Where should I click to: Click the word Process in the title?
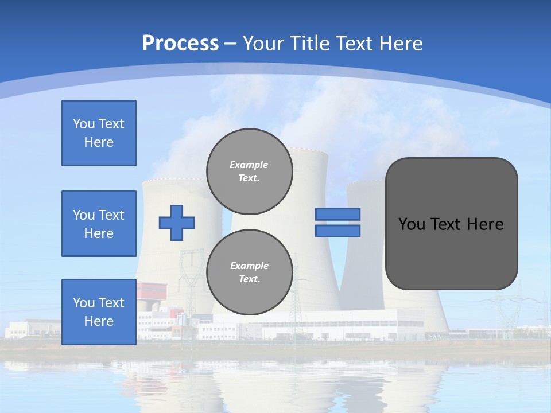pos(180,44)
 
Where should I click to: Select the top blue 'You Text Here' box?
pos(99,133)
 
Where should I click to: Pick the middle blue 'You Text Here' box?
pos(99,224)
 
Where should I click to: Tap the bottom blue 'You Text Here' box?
pos(99,311)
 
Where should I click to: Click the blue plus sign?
pos(177,223)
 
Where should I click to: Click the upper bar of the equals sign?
pos(337,214)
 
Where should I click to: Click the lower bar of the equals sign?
pos(337,231)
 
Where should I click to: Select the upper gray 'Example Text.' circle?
pos(250,171)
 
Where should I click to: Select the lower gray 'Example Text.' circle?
pos(250,272)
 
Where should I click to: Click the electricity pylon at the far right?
pos(505,313)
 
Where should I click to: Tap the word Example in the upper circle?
pos(249,165)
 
